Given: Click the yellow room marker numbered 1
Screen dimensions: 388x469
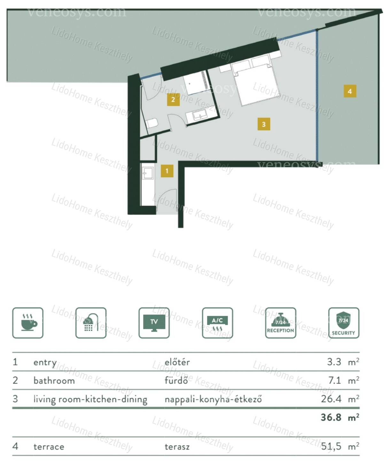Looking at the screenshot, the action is pos(167,171).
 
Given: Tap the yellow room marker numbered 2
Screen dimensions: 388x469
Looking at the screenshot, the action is pos(173,99).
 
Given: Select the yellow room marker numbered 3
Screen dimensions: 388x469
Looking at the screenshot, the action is pos(264,124).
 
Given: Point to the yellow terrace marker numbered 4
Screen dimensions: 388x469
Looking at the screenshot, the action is pos(350,91).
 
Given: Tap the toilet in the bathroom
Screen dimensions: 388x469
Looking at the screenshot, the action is pos(152,123).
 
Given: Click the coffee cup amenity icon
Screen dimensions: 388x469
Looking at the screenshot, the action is pos(28,323).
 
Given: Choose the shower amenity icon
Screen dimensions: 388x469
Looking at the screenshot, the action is pos(91,323).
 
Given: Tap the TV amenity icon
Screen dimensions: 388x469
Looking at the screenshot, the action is pos(154,323).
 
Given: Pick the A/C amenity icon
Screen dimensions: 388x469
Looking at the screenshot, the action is pos(217,323).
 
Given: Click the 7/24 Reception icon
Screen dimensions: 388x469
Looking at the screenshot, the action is pos(281,323).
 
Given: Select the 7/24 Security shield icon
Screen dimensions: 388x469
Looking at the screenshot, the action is pos(344,323).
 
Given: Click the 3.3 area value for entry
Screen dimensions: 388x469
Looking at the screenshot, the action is pos(334,362).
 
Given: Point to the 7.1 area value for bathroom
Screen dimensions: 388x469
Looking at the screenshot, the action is pos(335,380).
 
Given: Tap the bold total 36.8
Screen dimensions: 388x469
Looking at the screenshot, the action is pos(331,417).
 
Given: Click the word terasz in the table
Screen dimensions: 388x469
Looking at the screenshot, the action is pos(177,447).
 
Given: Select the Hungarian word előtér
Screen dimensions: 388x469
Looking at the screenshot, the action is pos(177,362).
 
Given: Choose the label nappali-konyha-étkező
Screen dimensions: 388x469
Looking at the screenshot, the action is pos(213,400).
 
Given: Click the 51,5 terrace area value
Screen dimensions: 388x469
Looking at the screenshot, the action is pos(331,447).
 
